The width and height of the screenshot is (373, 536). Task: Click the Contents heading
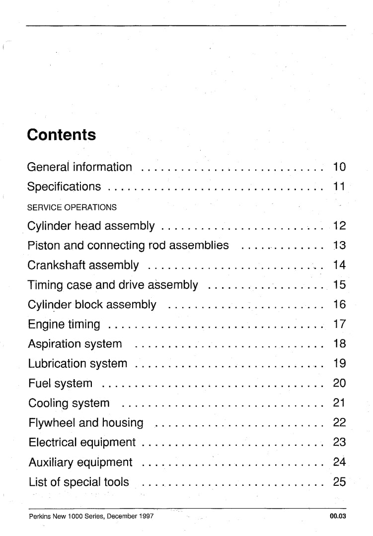click(x=62, y=134)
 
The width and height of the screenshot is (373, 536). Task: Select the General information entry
click(x=79, y=167)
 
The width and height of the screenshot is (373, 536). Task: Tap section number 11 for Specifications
click(x=339, y=187)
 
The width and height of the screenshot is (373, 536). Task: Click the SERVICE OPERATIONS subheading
click(x=72, y=207)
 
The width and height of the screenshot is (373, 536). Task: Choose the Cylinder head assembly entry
click(x=91, y=226)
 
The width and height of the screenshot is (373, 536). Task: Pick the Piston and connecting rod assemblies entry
click(x=128, y=245)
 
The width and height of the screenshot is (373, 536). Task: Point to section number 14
click(x=339, y=265)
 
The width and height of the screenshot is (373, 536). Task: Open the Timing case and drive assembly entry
click(x=113, y=285)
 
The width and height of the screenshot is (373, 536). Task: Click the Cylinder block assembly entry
click(x=92, y=304)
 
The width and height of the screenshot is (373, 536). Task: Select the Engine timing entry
click(x=64, y=325)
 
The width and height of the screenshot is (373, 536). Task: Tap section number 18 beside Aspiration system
click(x=339, y=343)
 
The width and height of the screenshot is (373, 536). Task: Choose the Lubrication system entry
click(x=77, y=363)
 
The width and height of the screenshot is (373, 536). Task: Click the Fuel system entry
click(x=60, y=383)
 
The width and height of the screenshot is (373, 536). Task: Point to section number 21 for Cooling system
click(x=339, y=402)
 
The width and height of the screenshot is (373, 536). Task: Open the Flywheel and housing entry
click(x=86, y=423)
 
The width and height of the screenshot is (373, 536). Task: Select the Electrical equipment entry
click(x=82, y=442)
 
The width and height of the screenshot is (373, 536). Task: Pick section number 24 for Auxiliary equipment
click(x=339, y=462)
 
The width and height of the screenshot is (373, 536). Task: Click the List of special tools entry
click(x=78, y=481)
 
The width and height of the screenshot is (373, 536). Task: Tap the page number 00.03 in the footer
click(x=337, y=516)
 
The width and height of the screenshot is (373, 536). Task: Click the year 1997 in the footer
click(x=146, y=516)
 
